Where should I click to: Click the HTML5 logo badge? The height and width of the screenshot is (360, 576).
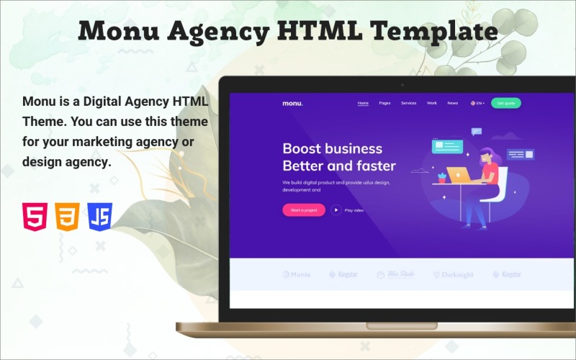(35, 216)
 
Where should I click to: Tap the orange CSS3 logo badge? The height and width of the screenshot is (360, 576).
(67, 216)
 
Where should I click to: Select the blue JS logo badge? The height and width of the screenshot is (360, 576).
(100, 216)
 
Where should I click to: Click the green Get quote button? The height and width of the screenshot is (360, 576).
(506, 103)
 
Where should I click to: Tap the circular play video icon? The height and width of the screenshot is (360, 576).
(336, 210)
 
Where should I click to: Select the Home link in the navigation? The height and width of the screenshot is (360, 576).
(363, 103)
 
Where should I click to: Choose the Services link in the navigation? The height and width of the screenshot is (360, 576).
(408, 103)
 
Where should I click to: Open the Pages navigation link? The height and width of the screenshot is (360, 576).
(384, 103)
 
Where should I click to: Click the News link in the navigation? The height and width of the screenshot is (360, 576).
(452, 103)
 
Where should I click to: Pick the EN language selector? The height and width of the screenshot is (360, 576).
(477, 103)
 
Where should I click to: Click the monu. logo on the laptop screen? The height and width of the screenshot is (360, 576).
(292, 104)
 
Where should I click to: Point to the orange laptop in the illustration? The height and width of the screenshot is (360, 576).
(458, 174)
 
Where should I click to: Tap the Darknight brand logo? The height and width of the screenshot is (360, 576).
(453, 274)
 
